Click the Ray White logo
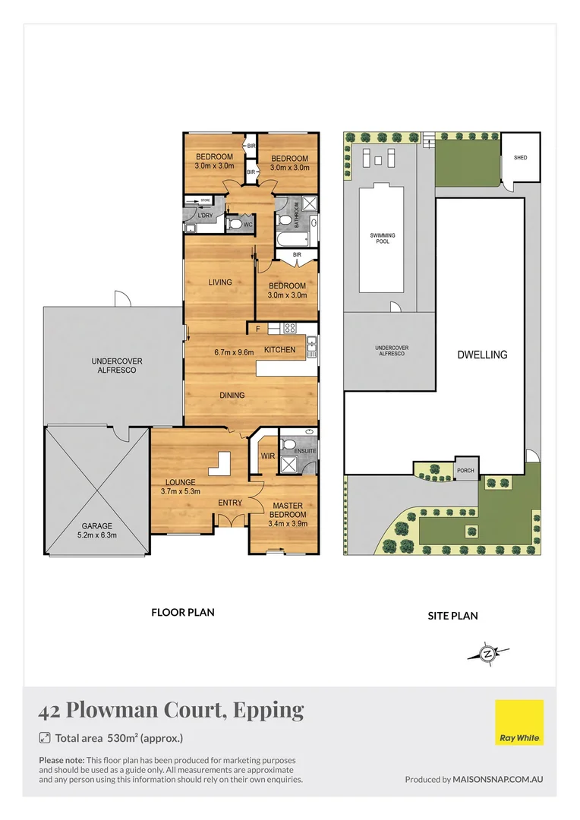(x=519, y=722)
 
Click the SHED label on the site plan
(x=520, y=158)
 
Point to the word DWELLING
(x=481, y=355)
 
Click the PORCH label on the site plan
(x=465, y=471)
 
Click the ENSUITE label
(x=305, y=451)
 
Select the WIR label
(x=267, y=456)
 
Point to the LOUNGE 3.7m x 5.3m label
(x=181, y=487)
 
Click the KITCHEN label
(x=279, y=349)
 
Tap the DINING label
(x=232, y=395)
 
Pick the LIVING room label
(x=220, y=282)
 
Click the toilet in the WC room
(x=236, y=225)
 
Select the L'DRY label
(x=204, y=216)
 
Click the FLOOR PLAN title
(x=183, y=612)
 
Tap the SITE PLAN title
(x=453, y=616)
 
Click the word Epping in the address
(x=269, y=710)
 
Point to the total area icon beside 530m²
(x=45, y=737)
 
